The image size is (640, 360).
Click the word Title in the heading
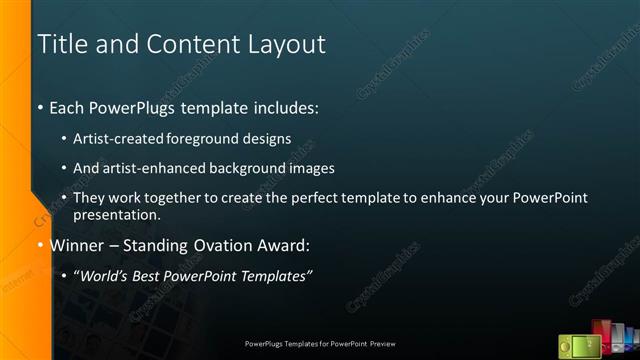[x=59, y=45]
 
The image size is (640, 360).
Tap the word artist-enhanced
[x=150, y=168]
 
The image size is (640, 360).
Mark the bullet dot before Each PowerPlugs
[x=40, y=107]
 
